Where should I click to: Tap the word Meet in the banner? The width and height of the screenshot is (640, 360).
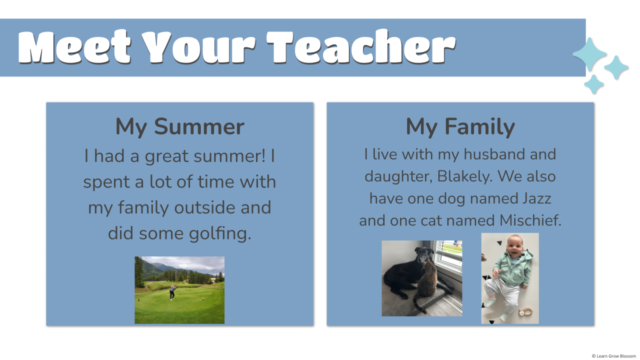click(74, 47)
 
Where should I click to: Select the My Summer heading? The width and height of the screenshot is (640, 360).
click(179, 126)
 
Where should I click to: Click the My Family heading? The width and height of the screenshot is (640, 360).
click(460, 126)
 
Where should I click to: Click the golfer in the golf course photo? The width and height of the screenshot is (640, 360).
click(172, 291)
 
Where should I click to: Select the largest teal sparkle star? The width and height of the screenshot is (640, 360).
click(589, 54)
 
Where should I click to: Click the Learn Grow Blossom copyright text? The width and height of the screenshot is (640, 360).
click(614, 356)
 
